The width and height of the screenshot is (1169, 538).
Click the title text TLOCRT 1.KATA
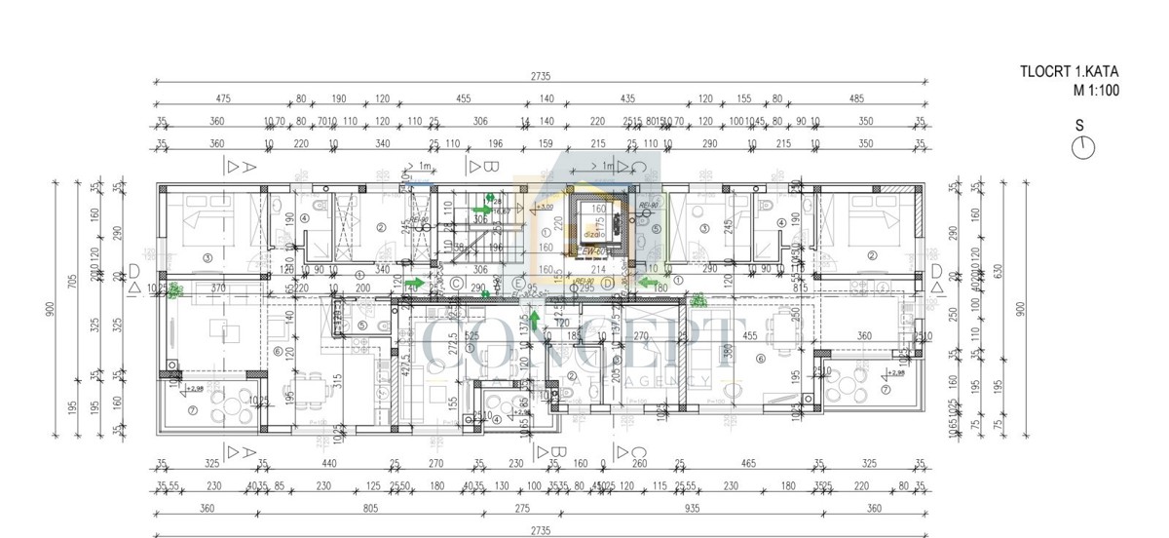point(1069,71)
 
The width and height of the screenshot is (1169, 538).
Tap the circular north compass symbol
point(1083,147)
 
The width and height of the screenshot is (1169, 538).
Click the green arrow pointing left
point(646,284)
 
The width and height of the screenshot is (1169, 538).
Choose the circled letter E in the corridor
point(519,284)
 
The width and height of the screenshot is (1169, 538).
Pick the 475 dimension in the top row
point(223,98)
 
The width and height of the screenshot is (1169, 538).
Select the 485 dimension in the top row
point(855,98)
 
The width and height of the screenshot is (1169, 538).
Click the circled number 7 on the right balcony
point(885,390)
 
